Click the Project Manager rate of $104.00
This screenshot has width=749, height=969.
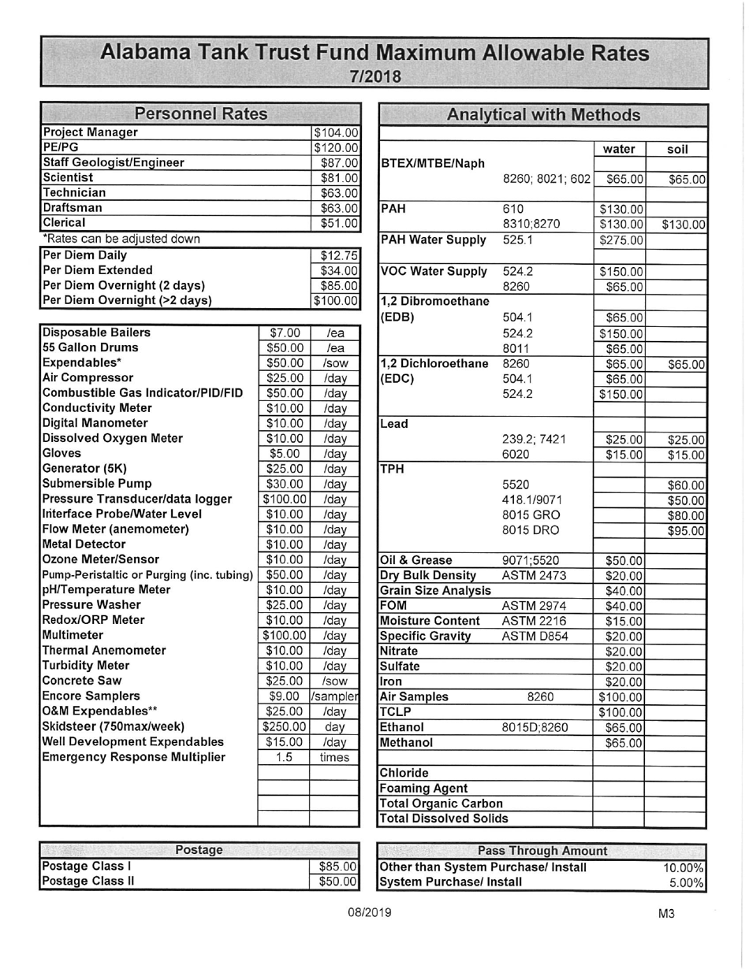pyautogui.click(x=337, y=133)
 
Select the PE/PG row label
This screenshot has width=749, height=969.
pyautogui.click(x=61, y=147)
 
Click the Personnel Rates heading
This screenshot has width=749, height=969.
pyautogui.click(x=201, y=114)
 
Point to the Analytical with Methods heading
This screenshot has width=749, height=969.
pyautogui.click(x=543, y=115)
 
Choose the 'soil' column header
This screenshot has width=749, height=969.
pyautogui.click(x=676, y=149)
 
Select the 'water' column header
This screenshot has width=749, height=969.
pyautogui.click(x=619, y=149)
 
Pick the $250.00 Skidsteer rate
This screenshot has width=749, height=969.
pyautogui.click(x=284, y=726)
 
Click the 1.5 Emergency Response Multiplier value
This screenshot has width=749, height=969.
pyautogui.click(x=284, y=757)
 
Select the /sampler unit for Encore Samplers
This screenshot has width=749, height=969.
pyautogui.click(x=335, y=696)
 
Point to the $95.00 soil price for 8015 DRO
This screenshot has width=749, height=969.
pyautogui.click(x=685, y=531)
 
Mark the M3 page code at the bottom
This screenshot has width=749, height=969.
pyautogui.click(x=666, y=914)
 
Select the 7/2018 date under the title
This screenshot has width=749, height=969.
pyautogui.click(x=375, y=76)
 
